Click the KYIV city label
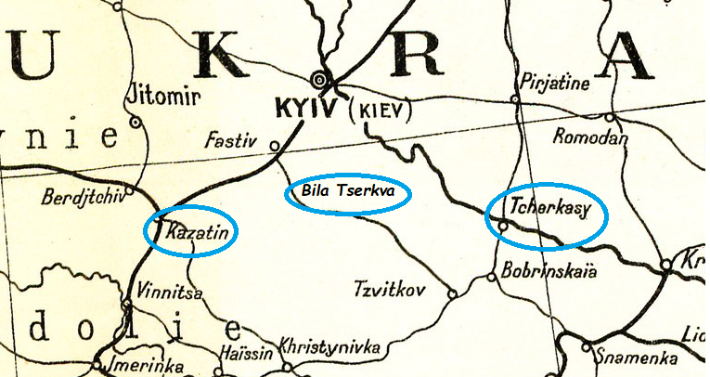pos(307,108)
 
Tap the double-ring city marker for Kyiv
pos(321,78)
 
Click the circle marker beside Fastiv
pos(274,146)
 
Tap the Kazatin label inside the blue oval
pos(196,233)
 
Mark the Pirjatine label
pos(555,83)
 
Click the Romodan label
pos(590,137)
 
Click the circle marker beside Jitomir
pos(136,121)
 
